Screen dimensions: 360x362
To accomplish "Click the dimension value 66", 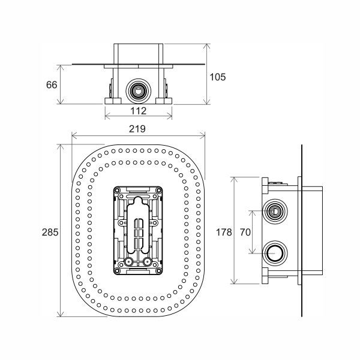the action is (52, 85).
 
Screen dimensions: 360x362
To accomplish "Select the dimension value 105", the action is (217, 77).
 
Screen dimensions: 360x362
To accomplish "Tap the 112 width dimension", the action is (139, 111).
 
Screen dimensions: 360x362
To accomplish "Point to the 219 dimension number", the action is (137, 129).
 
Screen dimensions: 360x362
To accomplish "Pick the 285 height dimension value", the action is (50, 233).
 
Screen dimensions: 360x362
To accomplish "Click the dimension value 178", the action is (224, 232).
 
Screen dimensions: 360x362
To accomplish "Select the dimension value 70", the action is (245, 232).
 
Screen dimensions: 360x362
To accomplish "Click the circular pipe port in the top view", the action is (139, 90).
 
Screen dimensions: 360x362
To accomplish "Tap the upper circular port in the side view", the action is (275, 211).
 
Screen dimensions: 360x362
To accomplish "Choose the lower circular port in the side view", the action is (275, 254).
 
